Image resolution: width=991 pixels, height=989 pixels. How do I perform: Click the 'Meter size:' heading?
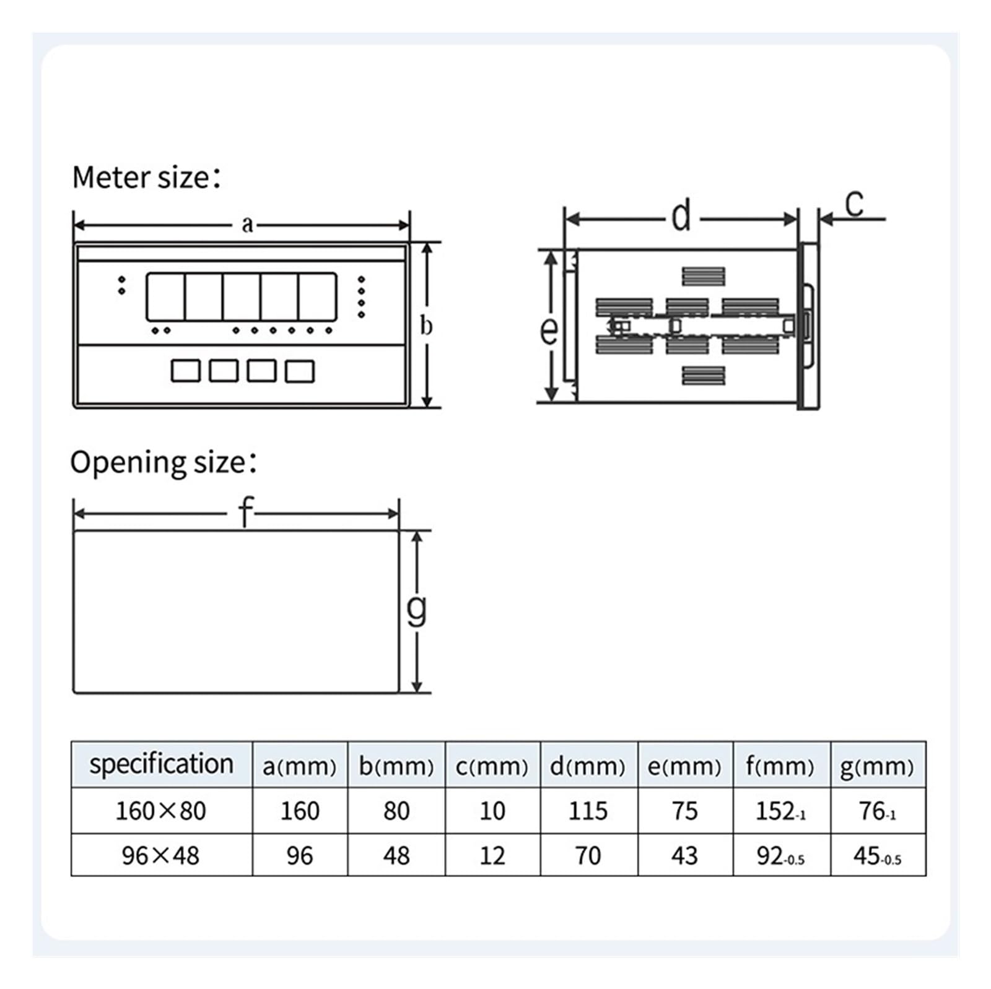(x=146, y=178)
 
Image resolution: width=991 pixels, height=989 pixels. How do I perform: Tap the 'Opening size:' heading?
(x=164, y=463)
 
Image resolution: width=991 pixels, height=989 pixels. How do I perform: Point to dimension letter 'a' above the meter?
(x=247, y=224)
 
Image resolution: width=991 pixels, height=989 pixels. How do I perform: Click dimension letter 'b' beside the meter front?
(x=426, y=326)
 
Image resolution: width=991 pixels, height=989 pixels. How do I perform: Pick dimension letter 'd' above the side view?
(x=681, y=216)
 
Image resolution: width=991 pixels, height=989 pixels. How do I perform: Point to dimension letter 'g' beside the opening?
(x=417, y=610)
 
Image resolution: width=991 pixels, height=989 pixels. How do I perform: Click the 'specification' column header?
(x=162, y=764)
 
